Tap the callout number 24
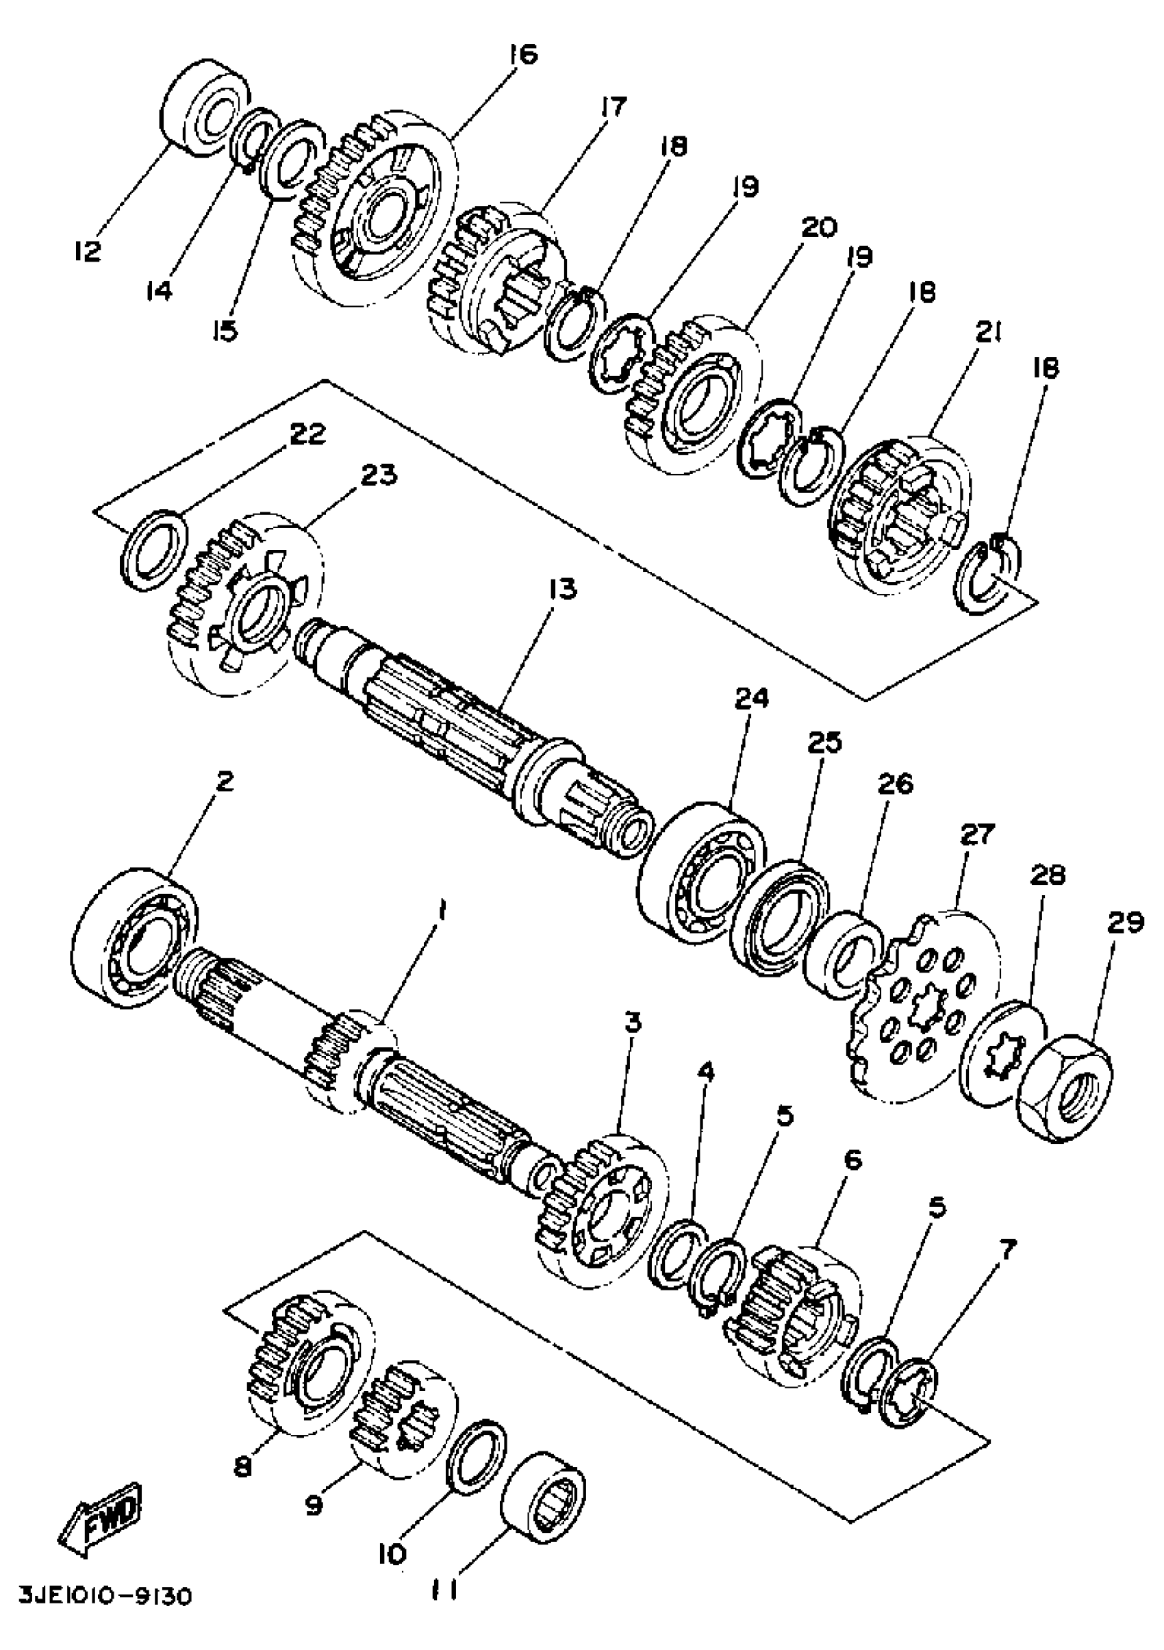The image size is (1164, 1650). coord(752,698)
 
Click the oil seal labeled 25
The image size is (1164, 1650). coord(780,919)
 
